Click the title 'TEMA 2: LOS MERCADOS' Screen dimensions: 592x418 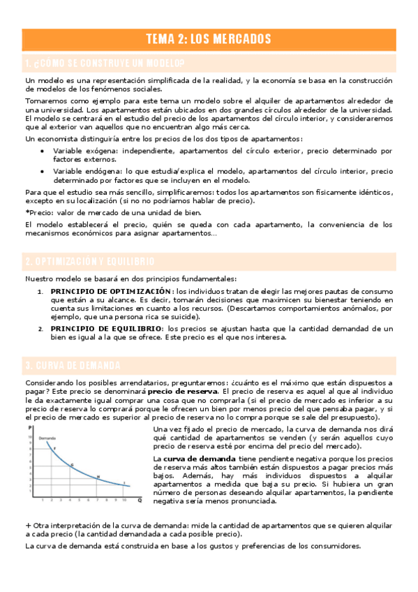(x=209, y=38)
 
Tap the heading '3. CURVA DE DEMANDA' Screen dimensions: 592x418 (x=73, y=365)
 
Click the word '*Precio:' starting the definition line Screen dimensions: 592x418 (x=38, y=212)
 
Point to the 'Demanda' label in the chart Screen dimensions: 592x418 (x=47, y=437)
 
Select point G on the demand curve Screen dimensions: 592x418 (x=71, y=464)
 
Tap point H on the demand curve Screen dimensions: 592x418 (x=98, y=477)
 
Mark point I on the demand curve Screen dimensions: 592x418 (x=124, y=483)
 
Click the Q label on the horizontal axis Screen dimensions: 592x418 (x=139, y=500)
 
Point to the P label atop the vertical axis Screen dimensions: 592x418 (x=30, y=427)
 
